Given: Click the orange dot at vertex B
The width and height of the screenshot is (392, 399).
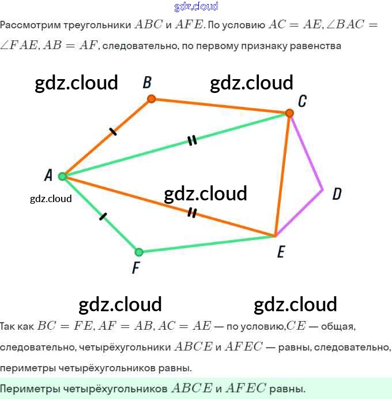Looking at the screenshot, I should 151,99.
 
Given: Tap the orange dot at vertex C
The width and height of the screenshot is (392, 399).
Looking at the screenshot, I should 289,113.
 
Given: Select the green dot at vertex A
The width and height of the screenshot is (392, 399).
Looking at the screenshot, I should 62,176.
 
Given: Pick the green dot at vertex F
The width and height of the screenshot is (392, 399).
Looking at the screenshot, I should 138,252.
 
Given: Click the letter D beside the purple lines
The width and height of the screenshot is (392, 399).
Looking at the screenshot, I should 337,194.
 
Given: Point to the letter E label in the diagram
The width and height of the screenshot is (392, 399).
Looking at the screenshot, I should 281,252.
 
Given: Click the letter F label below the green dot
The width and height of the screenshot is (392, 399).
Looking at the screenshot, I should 135,269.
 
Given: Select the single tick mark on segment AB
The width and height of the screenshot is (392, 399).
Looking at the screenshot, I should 113,132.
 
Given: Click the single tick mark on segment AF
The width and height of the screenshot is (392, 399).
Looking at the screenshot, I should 103,217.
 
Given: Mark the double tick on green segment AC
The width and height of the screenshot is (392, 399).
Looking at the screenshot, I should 192,140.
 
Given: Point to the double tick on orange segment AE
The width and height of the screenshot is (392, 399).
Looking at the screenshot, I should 192,213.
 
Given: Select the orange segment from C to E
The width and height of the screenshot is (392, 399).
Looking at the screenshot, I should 282,173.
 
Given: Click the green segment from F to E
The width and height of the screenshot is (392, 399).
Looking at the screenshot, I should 208,244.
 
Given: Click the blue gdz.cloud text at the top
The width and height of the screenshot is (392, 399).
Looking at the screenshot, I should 196,6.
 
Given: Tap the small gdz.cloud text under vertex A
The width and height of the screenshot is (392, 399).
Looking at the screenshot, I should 51,199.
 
